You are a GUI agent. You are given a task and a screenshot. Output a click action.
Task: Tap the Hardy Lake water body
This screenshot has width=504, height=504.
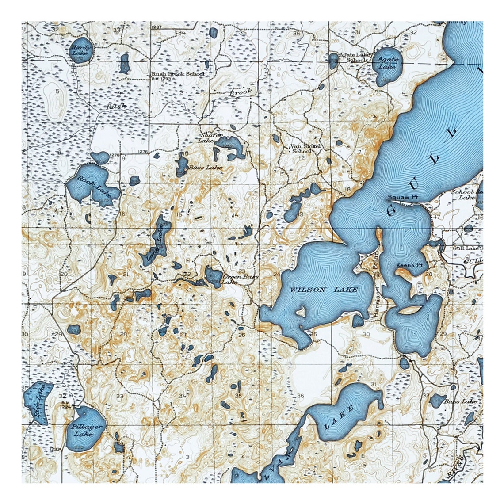point(82,50)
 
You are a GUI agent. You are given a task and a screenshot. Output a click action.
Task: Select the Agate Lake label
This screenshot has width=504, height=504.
point(387,63)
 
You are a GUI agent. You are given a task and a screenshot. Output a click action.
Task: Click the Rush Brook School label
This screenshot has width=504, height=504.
point(178,74)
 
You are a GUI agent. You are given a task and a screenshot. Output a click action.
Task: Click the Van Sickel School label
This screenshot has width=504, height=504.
point(304,148)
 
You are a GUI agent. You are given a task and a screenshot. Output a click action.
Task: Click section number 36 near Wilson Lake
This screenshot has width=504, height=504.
point(302,395)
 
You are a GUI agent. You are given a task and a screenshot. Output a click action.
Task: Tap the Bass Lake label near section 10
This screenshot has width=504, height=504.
point(206,168)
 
